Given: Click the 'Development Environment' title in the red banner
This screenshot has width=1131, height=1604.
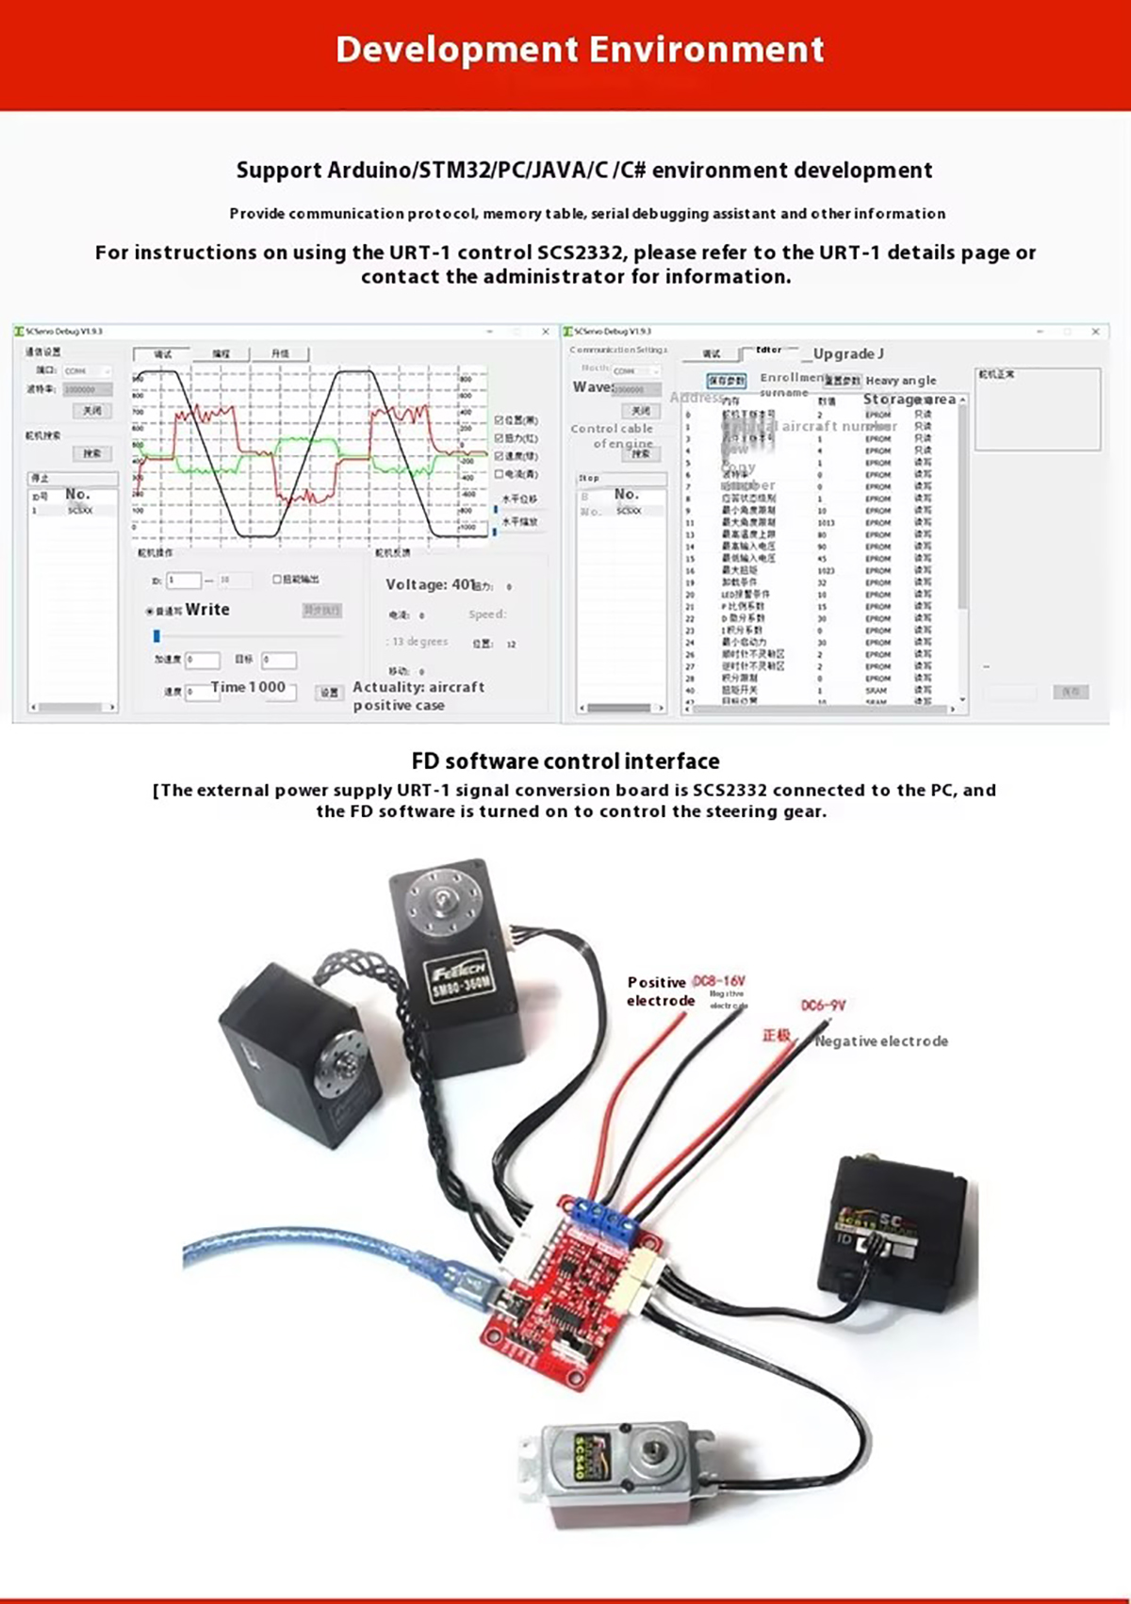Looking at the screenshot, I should tap(580, 50).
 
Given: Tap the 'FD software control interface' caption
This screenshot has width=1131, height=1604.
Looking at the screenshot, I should tap(565, 761).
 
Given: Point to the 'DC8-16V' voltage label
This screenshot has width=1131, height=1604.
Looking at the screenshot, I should tap(718, 981).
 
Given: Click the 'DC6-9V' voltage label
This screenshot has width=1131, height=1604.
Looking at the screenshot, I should tap(823, 1006).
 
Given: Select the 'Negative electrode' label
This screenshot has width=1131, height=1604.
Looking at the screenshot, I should tap(881, 1041).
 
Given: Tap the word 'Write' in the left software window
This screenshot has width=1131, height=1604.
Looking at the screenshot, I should tap(207, 610).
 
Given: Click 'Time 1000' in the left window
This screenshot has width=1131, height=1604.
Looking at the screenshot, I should tap(248, 687).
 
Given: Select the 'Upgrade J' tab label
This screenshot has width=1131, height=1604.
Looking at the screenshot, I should tap(848, 353).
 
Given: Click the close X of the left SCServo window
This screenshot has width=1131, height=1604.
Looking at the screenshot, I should tap(545, 332).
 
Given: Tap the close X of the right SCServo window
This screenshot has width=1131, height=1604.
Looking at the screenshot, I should tap(1095, 332).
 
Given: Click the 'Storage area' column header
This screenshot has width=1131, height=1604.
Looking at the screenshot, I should tap(910, 400).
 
